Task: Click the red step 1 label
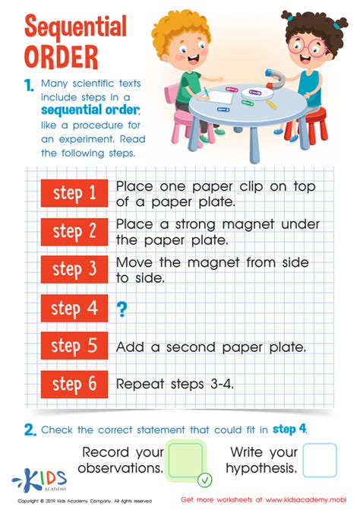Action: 74,193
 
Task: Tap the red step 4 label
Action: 74,308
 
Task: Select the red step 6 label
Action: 74,384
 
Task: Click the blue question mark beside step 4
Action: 122,309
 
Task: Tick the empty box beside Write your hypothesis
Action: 320,460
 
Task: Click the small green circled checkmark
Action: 205,480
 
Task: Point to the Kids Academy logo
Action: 39,480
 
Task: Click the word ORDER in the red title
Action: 61,57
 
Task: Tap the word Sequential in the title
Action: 75,27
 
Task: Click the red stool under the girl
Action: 307,125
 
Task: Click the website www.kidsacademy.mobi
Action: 305,499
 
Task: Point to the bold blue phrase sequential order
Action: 90,110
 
